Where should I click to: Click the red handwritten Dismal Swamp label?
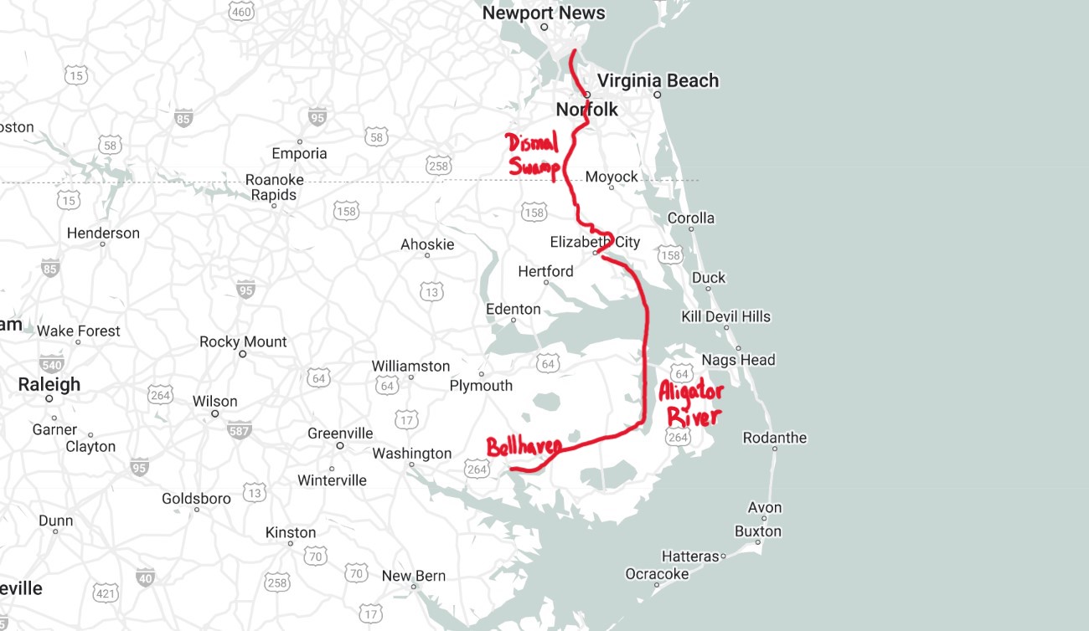pos(534,155)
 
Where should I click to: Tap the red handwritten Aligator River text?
pos(690,404)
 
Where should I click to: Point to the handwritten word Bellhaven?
pos(524,446)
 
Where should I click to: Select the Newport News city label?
pos(544,13)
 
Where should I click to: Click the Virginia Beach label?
pos(658,80)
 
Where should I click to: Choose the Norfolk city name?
pos(587,109)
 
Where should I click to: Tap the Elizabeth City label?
pos(595,242)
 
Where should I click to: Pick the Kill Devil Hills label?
pos(725,316)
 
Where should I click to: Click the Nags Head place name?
pos(738,360)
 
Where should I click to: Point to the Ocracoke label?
pos(657,574)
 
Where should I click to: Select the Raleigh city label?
pos(49,384)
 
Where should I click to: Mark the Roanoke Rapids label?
pos(274,187)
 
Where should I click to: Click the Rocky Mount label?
pos(243,341)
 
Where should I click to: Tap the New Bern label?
pos(414,576)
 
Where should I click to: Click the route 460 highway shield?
pos(241,11)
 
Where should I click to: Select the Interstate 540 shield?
pos(51,364)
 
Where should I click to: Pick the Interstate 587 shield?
pos(239,430)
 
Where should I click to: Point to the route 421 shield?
pos(106,593)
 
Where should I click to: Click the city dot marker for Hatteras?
pos(723,556)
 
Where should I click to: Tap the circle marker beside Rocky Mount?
pos(243,354)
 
